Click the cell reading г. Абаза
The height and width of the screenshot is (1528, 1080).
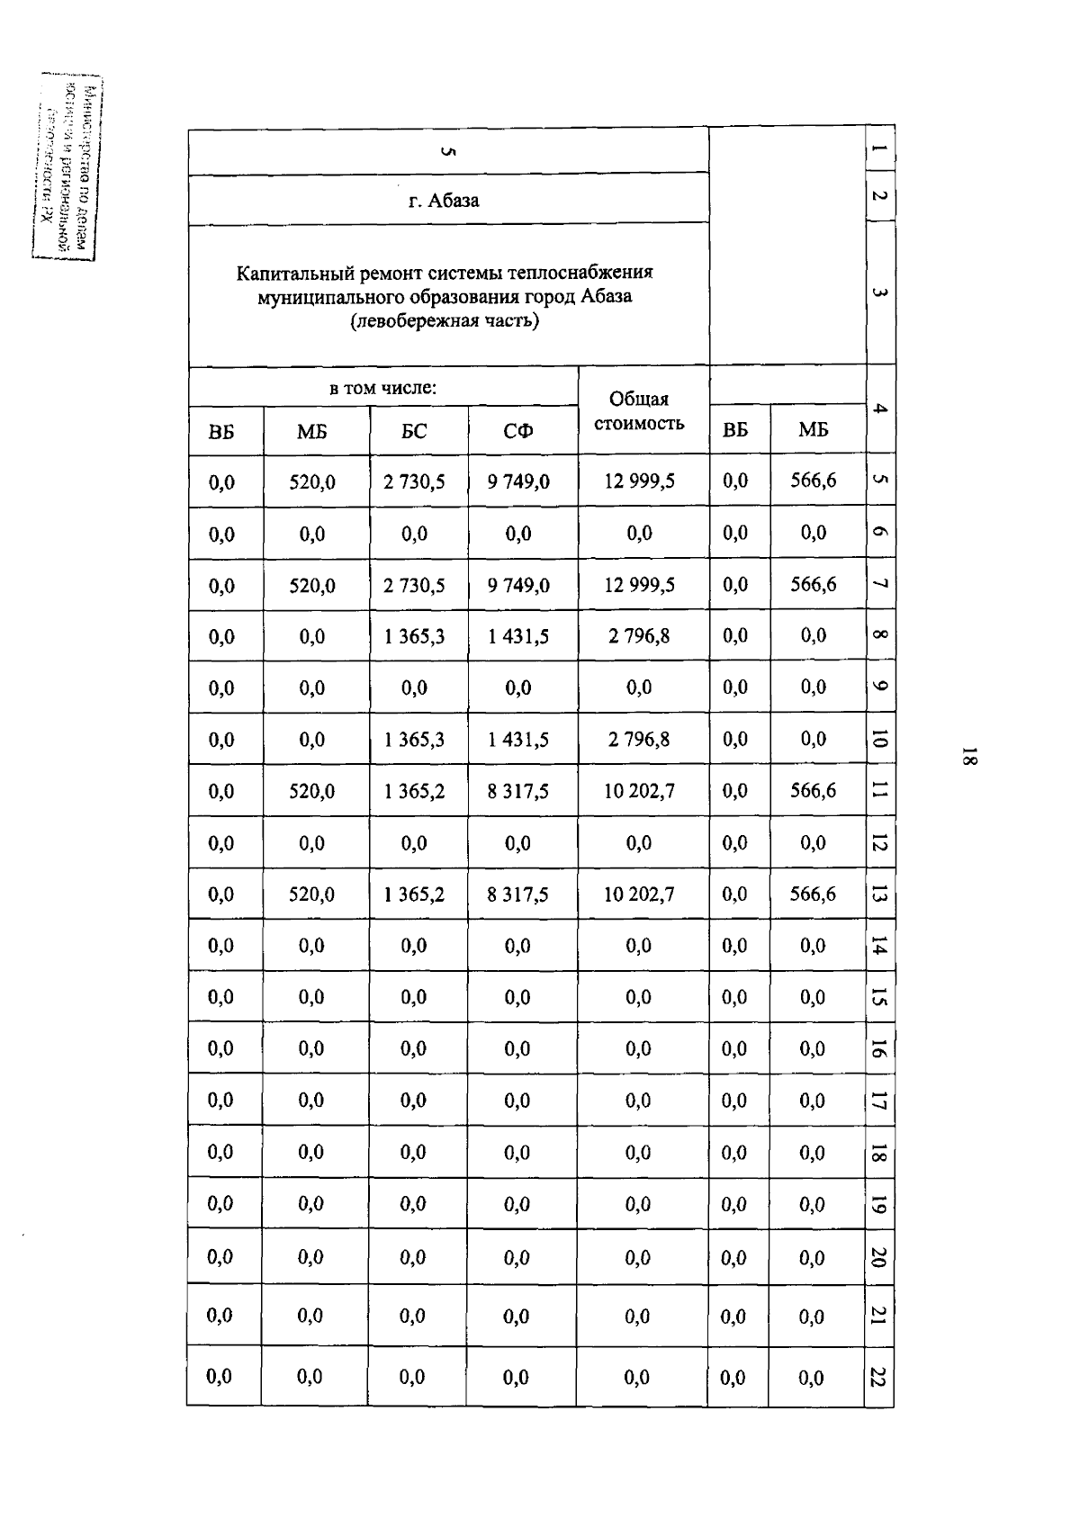coord(444,200)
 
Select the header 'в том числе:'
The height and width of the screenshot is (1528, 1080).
coord(382,389)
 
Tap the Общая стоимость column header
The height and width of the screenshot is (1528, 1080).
coord(639,411)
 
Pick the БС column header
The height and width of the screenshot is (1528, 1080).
coord(414,432)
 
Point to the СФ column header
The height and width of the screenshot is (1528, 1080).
coord(518,432)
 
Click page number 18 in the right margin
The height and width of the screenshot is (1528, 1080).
coord(968,757)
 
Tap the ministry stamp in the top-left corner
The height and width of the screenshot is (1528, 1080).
coord(67,168)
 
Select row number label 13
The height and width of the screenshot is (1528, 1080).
coord(879,894)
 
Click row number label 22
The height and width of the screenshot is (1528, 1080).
coord(879,1377)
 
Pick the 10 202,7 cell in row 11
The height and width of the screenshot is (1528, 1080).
coord(639,791)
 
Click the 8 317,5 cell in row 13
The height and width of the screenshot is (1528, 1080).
coord(518,894)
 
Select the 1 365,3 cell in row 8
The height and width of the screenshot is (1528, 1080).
coord(414,637)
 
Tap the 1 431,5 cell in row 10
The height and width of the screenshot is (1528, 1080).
coord(518,740)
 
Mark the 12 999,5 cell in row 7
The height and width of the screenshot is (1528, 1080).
coord(639,585)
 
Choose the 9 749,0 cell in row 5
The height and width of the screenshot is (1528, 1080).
coord(518,481)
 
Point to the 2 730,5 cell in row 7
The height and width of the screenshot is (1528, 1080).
coord(414,586)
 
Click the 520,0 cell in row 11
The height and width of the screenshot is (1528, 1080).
coord(312,791)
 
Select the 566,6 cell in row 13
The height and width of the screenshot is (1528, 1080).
coord(814,894)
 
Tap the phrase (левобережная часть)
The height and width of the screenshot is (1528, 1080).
coord(445,320)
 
